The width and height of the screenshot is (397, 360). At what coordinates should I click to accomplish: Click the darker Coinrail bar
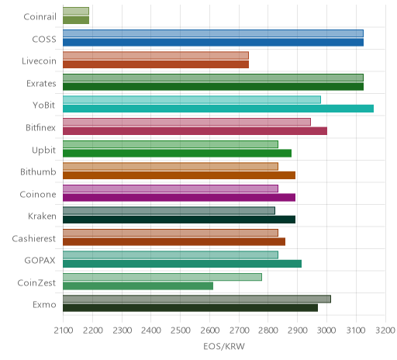[x=76, y=20]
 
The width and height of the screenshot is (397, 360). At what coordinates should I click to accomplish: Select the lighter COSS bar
[x=213, y=33]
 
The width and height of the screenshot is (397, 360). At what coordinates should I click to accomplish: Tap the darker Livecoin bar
[x=156, y=64]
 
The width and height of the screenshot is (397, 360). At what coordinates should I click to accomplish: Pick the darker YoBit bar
[x=218, y=109]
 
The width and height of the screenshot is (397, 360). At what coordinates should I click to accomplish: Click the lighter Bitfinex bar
[x=187, y=122]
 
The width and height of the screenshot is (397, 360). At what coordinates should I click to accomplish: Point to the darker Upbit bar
[x=177, y=153]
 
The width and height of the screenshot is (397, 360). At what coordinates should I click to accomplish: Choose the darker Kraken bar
[x=179, y=220]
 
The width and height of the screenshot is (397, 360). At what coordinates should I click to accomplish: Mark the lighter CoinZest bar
[x=162, y=277]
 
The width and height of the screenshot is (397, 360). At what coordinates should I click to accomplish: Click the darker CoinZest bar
[x=138, y=286]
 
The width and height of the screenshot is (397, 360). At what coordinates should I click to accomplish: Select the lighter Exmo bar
[x=197, y=299]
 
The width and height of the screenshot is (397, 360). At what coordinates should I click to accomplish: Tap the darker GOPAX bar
[x=182, y=264]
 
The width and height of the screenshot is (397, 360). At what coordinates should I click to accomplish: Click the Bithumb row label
[x=38, y=171]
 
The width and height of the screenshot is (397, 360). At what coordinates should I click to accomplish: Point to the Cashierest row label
[x=34, y=238]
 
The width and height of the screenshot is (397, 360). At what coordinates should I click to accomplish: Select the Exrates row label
[x=41, y=84]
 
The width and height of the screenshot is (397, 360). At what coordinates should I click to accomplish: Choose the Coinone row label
[x=38, y=194]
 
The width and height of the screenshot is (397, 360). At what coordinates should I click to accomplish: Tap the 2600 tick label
[x=210, y=331]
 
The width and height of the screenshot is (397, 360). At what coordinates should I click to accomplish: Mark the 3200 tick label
[x=385, y=331]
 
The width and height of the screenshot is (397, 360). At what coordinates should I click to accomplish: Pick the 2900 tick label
[x=298, y=331]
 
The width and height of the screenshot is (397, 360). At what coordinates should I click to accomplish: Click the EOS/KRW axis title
[x=224, y=346]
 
